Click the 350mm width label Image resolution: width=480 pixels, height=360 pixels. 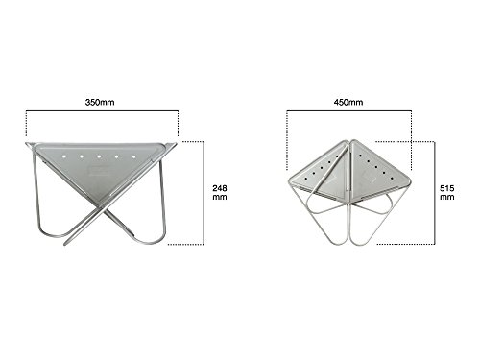[100, 102]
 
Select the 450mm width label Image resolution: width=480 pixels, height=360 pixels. [348, 102]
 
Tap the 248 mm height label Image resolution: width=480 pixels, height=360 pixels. [220, 192]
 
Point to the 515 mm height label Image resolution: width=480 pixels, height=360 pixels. [447, 192]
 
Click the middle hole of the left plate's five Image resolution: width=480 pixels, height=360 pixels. [99, 156]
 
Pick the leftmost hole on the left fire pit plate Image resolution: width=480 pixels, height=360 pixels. [64, 156]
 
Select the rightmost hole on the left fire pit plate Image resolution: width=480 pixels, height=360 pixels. [134, 156]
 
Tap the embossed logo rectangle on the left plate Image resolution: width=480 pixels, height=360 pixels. [99, 171]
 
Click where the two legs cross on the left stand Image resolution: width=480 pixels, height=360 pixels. [103, 209]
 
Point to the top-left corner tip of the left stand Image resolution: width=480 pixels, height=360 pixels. [26, 143]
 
